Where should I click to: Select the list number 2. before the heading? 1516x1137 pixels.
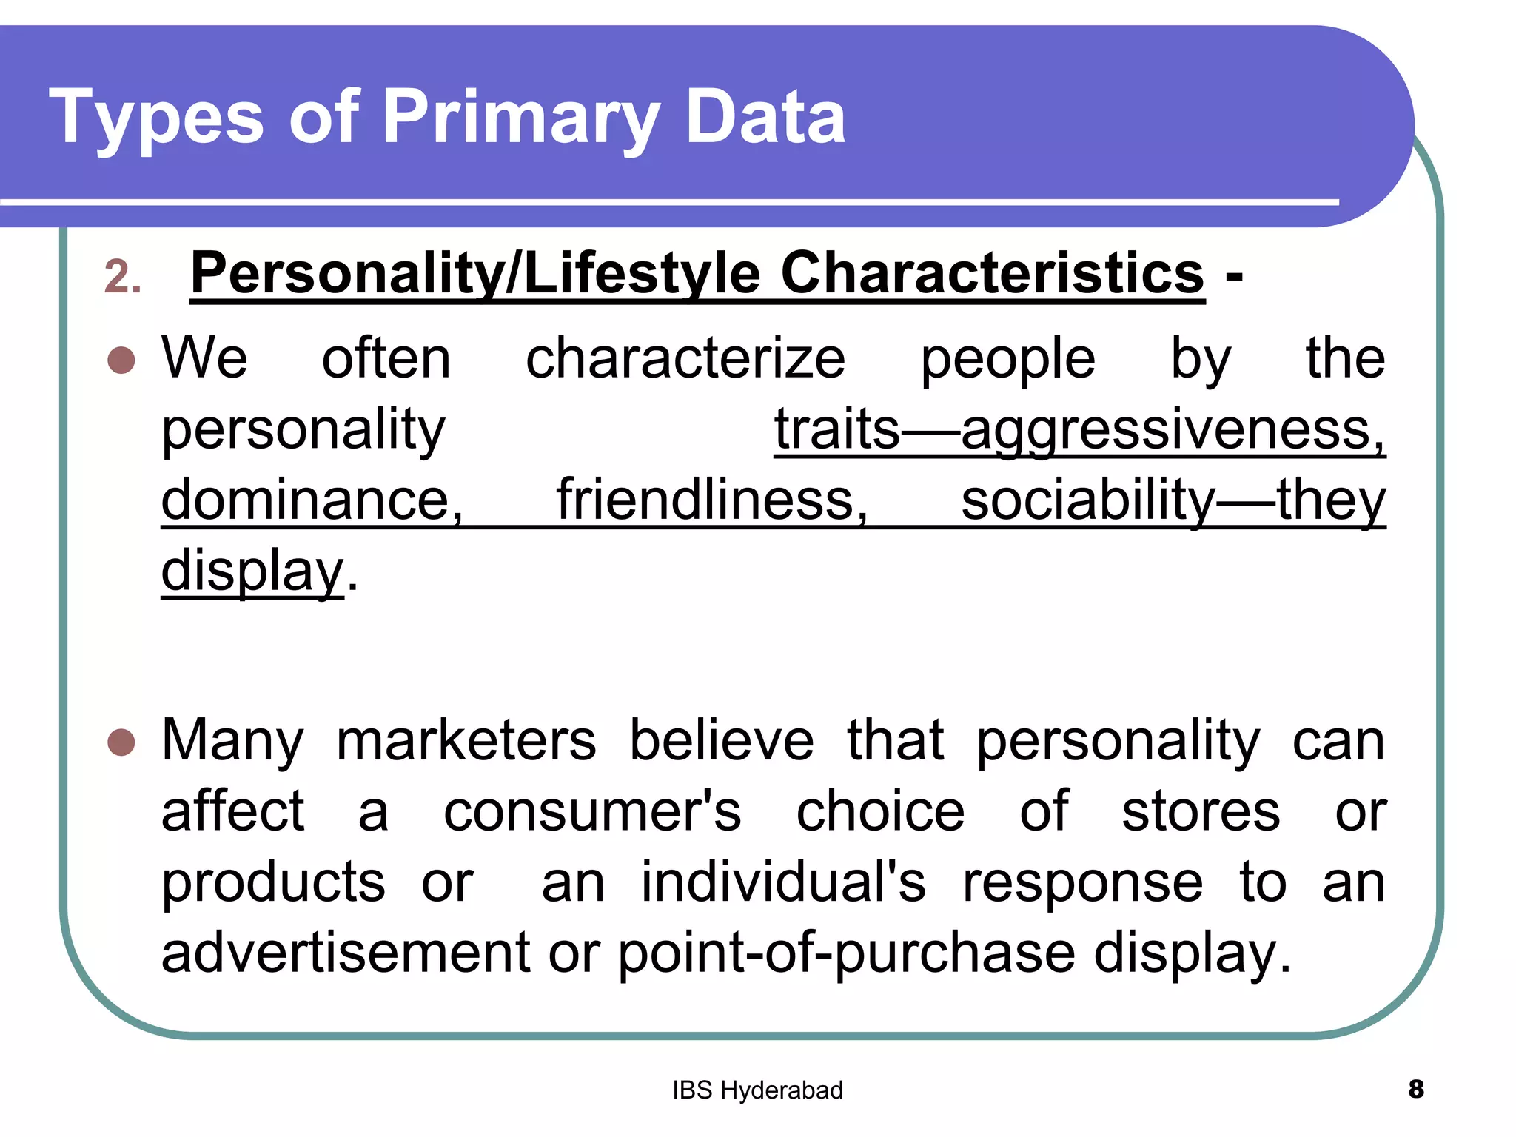[x=123, y=278]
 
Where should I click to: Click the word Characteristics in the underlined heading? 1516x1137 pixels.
[x=993, y=274]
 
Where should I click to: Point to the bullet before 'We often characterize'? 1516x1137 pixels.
[x=121, y=360]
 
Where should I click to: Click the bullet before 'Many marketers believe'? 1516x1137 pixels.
[x=121, y=742]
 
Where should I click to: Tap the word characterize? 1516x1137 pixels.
[x=685, y=359]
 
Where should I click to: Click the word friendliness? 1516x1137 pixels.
[x=712, y=500]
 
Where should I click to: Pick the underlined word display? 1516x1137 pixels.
[x=252, y=571]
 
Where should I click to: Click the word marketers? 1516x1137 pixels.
[x=466, y=740]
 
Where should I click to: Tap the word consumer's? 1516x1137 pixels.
[x=592, y=811]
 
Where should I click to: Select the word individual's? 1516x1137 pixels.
[x=783, y=882]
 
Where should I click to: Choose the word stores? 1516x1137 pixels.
[x=1201, y=811]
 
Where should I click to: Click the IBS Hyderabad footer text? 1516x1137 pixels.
[x=757, y=1090]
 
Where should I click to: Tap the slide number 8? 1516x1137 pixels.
[x=1416, y=1089]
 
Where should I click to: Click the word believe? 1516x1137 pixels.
[x=722, y=740]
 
